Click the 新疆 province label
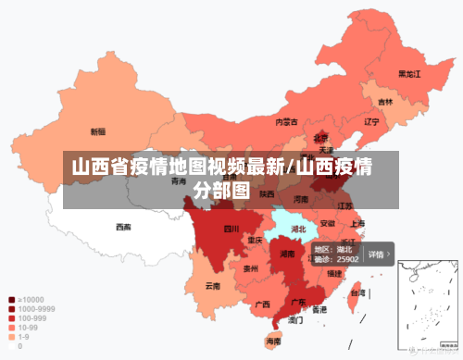tap(97, 131)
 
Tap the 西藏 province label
tap(123, 227)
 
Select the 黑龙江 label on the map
tap(409, 73)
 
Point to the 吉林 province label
tap(384, 102)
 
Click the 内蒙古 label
tap(286, 121)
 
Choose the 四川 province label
tap(231, 228)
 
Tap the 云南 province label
tap(213, 286)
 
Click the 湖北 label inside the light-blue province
tap(298, 228)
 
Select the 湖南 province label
tap(287, 254)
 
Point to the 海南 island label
tap(273, 341)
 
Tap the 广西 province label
tap(262, 304)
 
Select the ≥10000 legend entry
tap(27, 300)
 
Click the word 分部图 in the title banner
tap(222, 191)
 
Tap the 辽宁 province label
tap(371, 121)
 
